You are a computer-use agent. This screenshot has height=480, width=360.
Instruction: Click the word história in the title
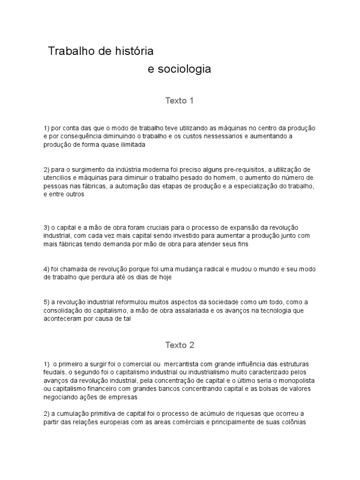tap(133, 50)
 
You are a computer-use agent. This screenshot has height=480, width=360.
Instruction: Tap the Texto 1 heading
tap(179, 101)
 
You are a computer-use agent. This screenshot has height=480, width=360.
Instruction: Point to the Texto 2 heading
tap(179, 345)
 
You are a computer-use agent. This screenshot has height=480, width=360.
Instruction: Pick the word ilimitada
tap(131, 145)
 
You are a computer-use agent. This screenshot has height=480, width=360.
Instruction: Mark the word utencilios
tap(58, 178)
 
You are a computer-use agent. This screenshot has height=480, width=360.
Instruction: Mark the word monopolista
tap(299, 381)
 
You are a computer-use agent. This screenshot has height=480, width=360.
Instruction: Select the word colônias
tap(292, 422)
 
